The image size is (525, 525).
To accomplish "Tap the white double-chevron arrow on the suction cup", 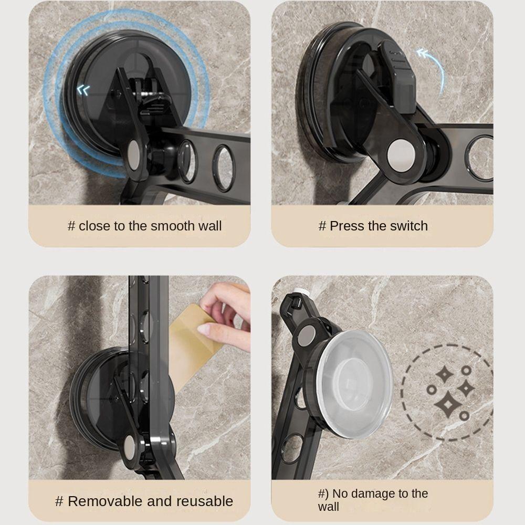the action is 83,90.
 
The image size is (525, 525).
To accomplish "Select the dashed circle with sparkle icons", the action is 447,392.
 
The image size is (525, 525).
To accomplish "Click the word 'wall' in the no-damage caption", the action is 329,507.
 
